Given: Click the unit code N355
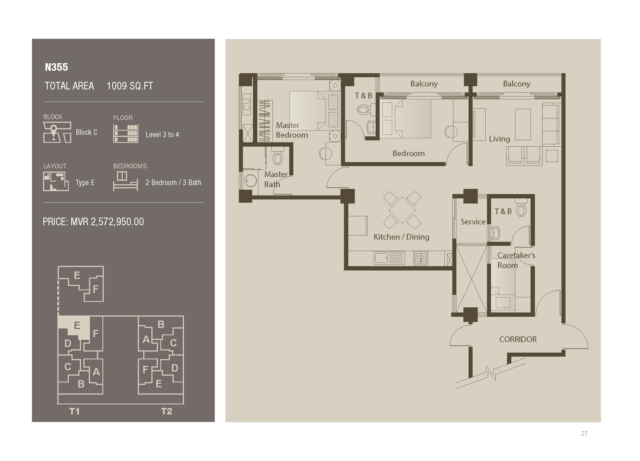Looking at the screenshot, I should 56,67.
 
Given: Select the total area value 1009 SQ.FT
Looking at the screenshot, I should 129,86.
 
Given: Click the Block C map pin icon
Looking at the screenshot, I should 54,131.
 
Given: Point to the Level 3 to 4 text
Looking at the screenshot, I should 162,135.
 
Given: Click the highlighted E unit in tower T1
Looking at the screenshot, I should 76,325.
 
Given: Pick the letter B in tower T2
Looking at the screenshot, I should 161,324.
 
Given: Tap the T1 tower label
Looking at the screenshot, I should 74,411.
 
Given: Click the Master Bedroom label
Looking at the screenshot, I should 291,130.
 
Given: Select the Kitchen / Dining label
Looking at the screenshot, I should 401,237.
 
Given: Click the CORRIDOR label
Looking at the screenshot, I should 518,339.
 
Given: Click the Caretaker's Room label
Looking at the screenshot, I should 516,260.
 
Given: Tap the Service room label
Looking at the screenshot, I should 473,222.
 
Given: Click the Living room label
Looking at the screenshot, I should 499,139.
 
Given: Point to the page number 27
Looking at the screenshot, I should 584,433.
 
